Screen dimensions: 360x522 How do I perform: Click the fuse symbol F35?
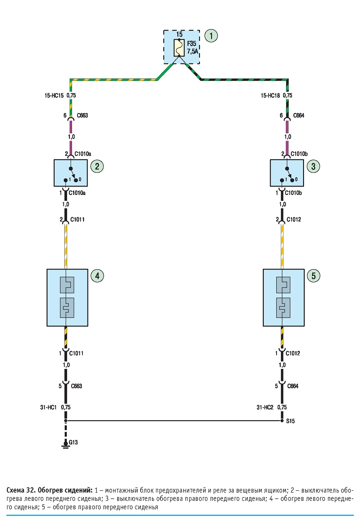tap(179, 48)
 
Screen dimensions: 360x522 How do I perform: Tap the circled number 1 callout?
tap(211, 36)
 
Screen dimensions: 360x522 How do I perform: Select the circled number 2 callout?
tap(97, 166)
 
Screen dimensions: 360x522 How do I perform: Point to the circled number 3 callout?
tap(314, 166)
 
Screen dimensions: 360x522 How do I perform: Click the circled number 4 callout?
tap(97, 276)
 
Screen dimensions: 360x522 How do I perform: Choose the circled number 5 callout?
tap(314, 276)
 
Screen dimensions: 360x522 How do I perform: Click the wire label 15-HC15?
tap(54, 96)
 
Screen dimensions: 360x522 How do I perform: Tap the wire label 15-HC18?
tap(270, 96)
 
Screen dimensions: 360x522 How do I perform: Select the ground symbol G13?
tap(66, 444)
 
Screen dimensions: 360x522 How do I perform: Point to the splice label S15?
tap(290, 421)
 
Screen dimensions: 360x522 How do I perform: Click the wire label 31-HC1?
tap(48, 407)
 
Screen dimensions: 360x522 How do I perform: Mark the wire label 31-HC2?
tap(265, 407)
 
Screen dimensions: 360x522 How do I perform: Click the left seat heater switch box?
tap(71, 173)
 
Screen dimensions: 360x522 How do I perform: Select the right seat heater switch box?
tap(287, 173)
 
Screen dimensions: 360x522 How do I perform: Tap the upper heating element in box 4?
tap(67, 285)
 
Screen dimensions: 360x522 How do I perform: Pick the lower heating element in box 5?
tap(283, 307)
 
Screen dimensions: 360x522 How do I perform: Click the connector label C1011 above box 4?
tap(78, 219)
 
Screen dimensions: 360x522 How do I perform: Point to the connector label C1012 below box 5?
tap(293, 353)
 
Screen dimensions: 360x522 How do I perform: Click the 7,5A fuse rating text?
tap(192, 51)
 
